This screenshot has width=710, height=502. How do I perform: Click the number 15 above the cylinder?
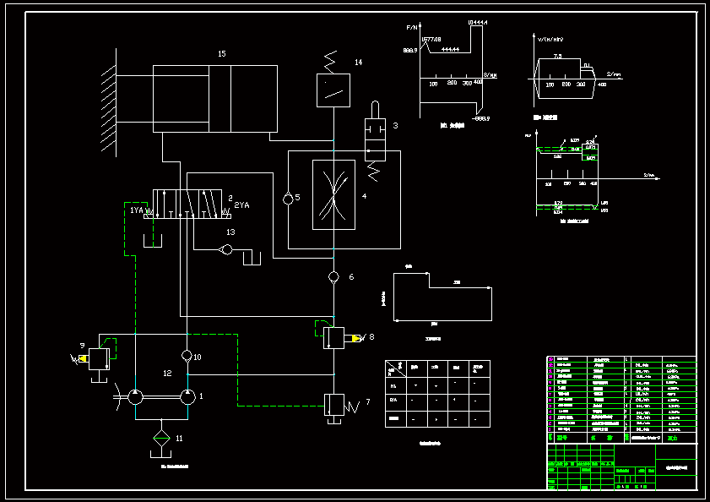pos(222,54)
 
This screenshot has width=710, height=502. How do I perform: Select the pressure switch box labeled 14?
pos(333,90)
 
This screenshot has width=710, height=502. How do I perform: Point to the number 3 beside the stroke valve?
pos(394,126)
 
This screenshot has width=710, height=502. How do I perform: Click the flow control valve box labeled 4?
pos(333,194)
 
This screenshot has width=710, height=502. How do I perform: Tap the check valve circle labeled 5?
pos(289,199)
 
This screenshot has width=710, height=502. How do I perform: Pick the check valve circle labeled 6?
pos(333,277)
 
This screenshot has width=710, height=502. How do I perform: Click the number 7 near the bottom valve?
pos(367,402)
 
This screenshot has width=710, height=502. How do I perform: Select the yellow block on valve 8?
pos(356,339)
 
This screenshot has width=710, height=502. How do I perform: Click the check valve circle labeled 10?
pos(187,356)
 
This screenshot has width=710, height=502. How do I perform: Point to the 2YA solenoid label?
pos(242,205)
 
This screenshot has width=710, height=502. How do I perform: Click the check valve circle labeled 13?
pos(225,249)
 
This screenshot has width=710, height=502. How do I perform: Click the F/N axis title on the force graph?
pos(412,28)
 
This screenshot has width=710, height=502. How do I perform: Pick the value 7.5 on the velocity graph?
pos(557,56)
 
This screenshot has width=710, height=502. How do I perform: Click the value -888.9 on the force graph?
pos(482,118)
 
